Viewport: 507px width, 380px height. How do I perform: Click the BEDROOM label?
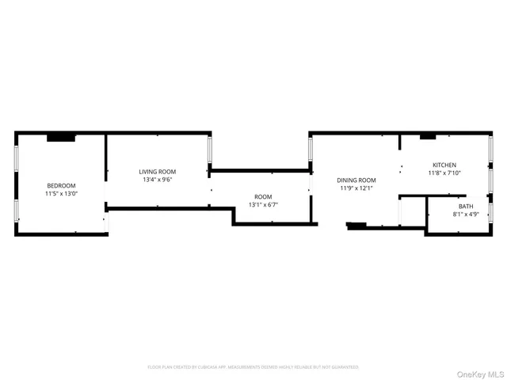coord(61,185)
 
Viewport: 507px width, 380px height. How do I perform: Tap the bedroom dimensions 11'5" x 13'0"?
coord(61,193)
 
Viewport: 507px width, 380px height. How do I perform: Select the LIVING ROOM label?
coord(158,172)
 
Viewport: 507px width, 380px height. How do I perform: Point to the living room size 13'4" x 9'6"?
coord(158,180)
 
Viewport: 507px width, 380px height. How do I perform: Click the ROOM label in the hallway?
coord(263,196)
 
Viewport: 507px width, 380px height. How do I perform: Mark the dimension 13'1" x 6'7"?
coord(263,204)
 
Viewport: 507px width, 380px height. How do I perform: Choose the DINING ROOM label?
coord(356,180)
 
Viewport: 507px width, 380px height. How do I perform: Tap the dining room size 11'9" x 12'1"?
coord(356,188)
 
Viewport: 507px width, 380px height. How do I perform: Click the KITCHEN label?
coord(444,165)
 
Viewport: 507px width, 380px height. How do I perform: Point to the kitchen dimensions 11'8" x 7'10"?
coord(444,173)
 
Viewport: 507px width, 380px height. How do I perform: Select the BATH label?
coord(466,207)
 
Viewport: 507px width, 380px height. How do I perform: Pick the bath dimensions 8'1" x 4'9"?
coord(466,215)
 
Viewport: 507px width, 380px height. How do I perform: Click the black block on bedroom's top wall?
coord(61,138)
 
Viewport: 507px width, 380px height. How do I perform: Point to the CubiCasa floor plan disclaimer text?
coord(253,367)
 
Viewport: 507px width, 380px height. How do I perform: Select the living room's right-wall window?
coord(210,150)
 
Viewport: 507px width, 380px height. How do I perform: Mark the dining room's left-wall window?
coord(310,150)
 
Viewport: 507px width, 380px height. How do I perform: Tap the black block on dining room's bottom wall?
coord(356,226)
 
